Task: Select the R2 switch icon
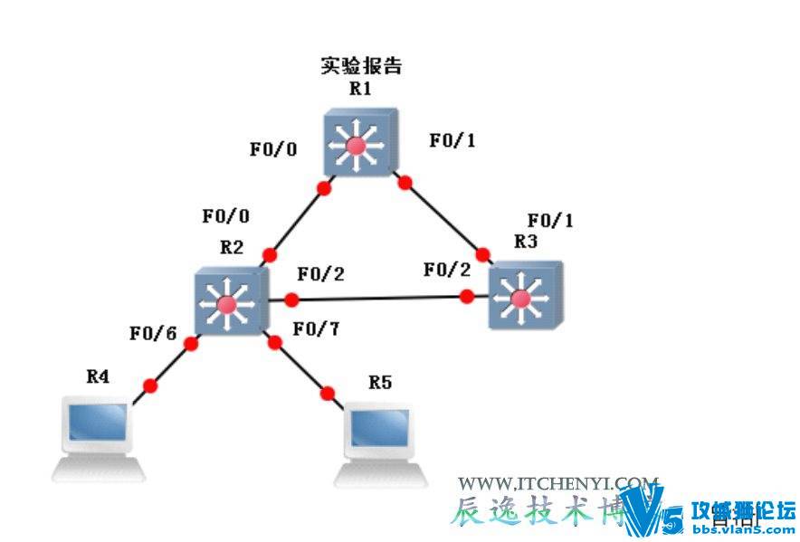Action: coord(228,301)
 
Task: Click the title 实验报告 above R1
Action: coord(361,66)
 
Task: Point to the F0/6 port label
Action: coord(151,334)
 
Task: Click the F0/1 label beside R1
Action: coord(452,141)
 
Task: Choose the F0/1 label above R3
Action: coord(550,220)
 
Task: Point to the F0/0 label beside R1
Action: coord(272,148)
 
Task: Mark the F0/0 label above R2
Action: coord(225,216)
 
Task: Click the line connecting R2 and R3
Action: coord(380,298)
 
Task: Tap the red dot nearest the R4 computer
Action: coord(150,385)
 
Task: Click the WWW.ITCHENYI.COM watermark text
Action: coord(558,484)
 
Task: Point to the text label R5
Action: coord(380,382)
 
